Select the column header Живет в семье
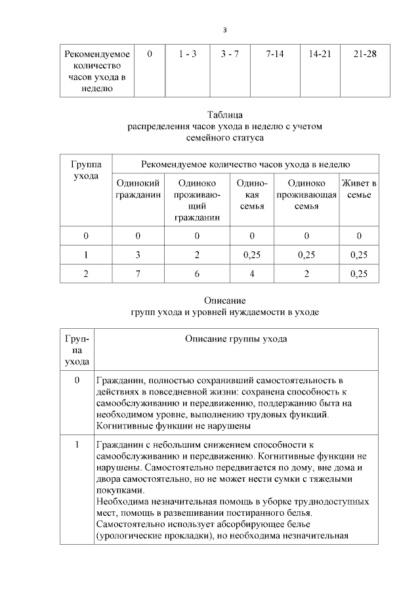tap(359, 190)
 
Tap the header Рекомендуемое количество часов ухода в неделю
tap(245, 164)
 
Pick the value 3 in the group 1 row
tap(138, 254)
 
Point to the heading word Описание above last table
tap(225, 300)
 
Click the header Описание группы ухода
tap(236, 339)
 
